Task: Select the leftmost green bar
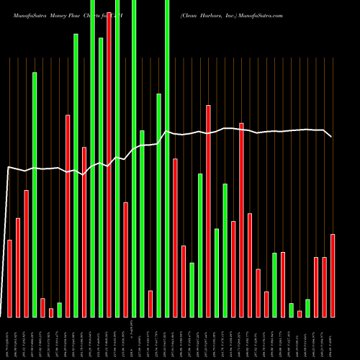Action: coord(35,194)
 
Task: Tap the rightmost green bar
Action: coord(308,308)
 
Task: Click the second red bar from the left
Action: coord(18,267)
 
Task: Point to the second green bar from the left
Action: coord(59,310)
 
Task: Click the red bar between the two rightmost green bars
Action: coord(300,314)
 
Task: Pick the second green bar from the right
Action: coord(292,310)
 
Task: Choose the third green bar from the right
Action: coord(274,285)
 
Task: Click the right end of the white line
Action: coord(332,137)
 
